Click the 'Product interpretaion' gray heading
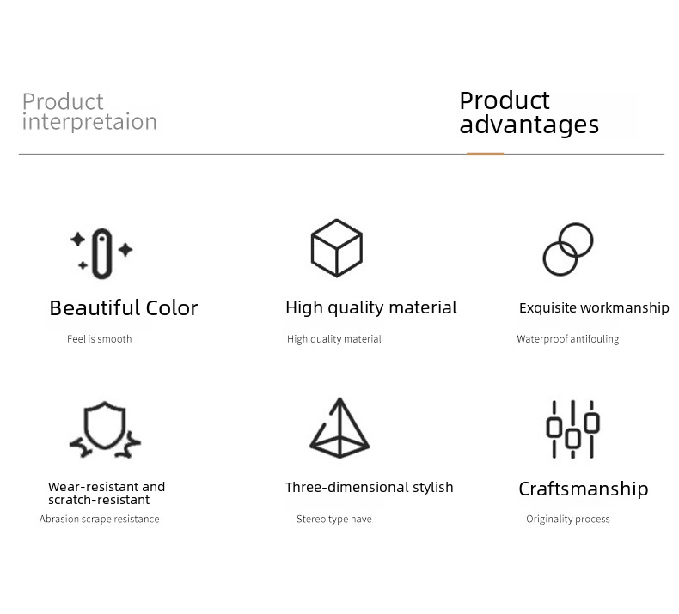pos(89,111)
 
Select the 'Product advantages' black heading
pos(529,112)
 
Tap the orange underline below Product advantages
pos(485,154)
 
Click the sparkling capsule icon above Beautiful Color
pos(102,253)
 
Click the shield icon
pos(105,424)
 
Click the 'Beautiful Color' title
pos(124,308)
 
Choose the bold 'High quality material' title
pos(371,308)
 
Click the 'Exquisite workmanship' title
pos(594,307)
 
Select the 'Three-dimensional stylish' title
pos(370,487)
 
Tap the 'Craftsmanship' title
pos(584,489)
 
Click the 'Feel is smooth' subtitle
pos(99,339)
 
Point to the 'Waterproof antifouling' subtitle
pos(568,339)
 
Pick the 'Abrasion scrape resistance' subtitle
pos(99,519)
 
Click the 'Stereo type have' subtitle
pos(333,520)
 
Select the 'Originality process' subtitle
pos(568,520)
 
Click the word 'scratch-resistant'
pos(99,500)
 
